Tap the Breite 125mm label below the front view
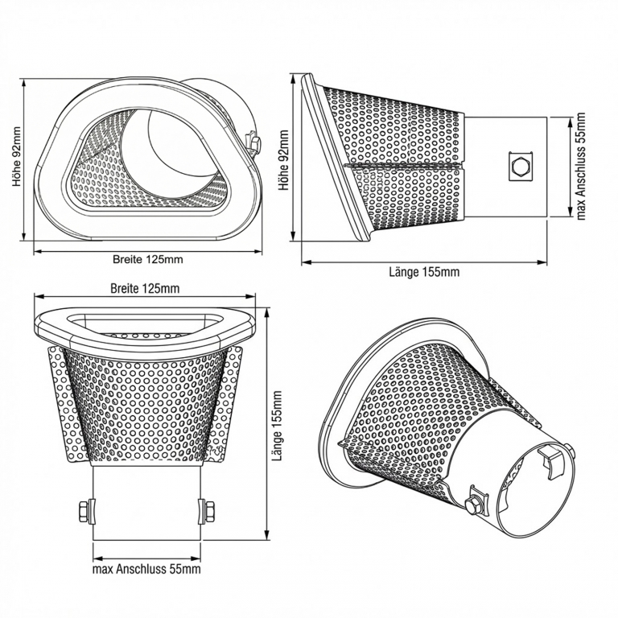click(147, 259)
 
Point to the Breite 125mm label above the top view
click(145, 287)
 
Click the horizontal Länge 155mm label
click(424, 271)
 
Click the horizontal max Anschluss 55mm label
click(146, 569)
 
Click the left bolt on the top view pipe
click(84, 510)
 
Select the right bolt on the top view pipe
click(208, 510)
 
